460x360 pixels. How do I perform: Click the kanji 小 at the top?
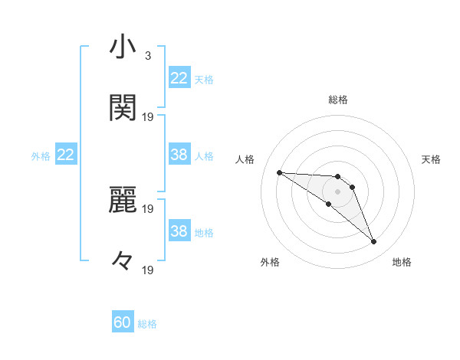pos(123,48)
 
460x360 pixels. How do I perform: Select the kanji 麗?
pos(123,201)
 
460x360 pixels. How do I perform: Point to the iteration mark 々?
pos(123,260)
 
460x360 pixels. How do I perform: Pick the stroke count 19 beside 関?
pos(148,116)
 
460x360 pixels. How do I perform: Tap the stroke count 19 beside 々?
pos(148,270)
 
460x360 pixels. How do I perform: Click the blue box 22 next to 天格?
pos(179,78)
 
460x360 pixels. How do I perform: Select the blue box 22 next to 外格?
pos(65,155)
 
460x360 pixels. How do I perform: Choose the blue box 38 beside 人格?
pos(179,155)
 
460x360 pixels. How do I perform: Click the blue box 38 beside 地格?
pos(179,231)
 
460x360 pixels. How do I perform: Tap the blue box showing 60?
pos(122,322)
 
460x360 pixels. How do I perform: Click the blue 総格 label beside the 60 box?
pos(147,324)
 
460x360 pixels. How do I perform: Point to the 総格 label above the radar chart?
pos(337,100)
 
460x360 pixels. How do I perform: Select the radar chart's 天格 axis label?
pos(431,159)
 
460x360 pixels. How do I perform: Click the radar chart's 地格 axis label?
pos(402,262)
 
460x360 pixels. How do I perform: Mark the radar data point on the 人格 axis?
pos(279,172)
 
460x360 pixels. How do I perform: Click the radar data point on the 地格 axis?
pos(373,242)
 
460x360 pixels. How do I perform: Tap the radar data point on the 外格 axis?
pos(328,204)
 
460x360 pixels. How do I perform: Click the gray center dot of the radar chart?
pos(337,191)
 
